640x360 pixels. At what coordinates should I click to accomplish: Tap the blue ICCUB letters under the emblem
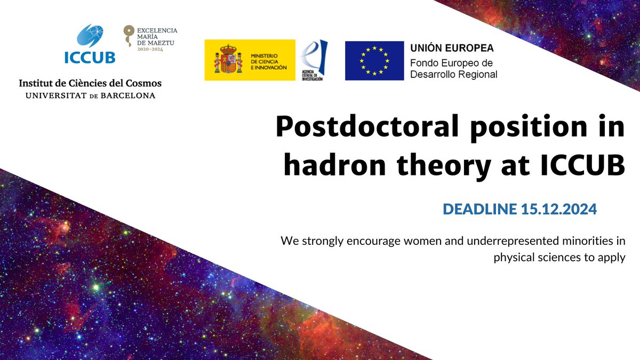(x=89, y=58)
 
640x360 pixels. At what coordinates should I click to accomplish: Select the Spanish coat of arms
(x=224, y=60)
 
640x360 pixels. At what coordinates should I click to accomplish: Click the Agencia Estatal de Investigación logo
(x=314, y=60)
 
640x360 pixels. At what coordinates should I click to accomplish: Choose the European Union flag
(x=374, y=60)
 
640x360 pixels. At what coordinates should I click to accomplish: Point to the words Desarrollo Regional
(x=453, y=75)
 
